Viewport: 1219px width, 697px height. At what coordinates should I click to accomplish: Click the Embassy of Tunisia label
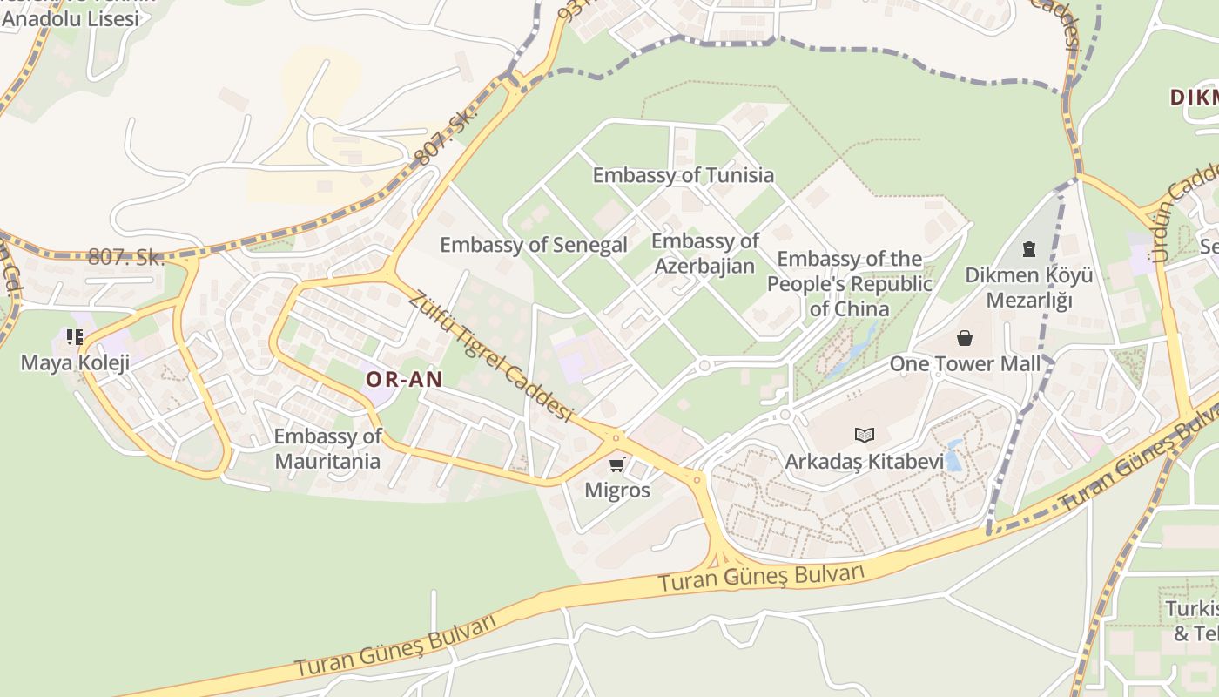coord(683,175)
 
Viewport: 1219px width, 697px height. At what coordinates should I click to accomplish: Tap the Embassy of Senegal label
coord(533,245)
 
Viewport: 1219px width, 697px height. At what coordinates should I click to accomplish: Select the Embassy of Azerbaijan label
coord(704,254)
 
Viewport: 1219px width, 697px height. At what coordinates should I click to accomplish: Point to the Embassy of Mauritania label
coord(327,449)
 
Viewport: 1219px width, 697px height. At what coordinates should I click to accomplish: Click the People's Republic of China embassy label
coord(849,283)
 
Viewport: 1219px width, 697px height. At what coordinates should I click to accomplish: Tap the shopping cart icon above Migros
coord(617,464)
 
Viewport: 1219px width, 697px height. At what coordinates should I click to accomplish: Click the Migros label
coord(617,490)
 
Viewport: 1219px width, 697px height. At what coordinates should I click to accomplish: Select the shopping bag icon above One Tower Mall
coord(965,338)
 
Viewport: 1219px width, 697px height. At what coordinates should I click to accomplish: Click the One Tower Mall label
coord(965,363)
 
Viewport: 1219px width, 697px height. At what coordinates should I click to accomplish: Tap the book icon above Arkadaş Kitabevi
coord(864,435)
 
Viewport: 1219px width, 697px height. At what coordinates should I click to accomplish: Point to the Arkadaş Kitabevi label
coord(864,461)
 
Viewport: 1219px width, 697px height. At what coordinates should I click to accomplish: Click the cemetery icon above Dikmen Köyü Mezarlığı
coord(1029,250)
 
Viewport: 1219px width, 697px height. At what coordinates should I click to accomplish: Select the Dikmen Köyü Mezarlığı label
coord(1028,288)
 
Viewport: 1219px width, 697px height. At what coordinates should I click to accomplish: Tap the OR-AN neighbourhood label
coord(404,379)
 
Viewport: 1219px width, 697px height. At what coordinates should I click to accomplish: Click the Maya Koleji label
coord(75,362)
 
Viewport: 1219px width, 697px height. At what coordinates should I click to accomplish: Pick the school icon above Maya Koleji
coord(75,337)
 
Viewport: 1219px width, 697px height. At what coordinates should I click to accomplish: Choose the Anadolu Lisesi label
coord(71,18)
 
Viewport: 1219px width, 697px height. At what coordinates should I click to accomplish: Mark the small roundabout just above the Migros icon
coord(616,437)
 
